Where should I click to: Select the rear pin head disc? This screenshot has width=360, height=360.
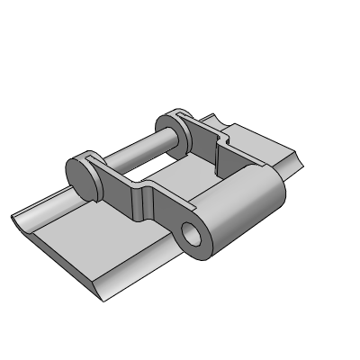pos(170,128)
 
